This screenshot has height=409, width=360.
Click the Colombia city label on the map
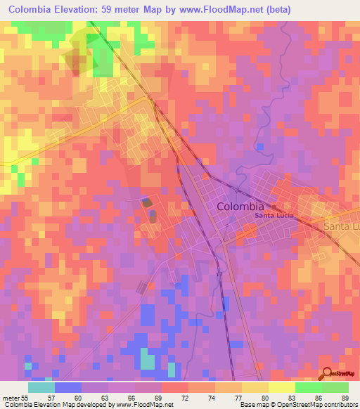point(240,207)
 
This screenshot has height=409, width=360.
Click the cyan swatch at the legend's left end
point(41,387)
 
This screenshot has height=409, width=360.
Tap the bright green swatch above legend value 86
point(308,387)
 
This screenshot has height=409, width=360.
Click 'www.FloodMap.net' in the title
point(212,10)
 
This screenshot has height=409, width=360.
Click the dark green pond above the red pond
point(146,202)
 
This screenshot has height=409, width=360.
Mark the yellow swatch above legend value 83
point(281,387)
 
